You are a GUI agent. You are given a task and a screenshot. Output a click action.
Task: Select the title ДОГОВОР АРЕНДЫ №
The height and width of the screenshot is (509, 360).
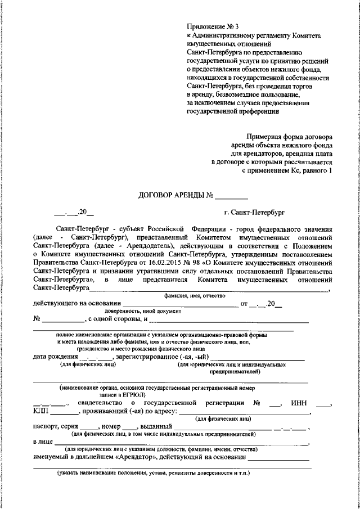tap(175, 196)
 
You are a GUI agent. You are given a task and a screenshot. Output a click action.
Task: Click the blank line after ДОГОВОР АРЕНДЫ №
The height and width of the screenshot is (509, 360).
tap(231, 196)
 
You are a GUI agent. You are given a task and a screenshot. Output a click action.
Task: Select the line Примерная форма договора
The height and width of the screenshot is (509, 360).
tap(290, 137)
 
